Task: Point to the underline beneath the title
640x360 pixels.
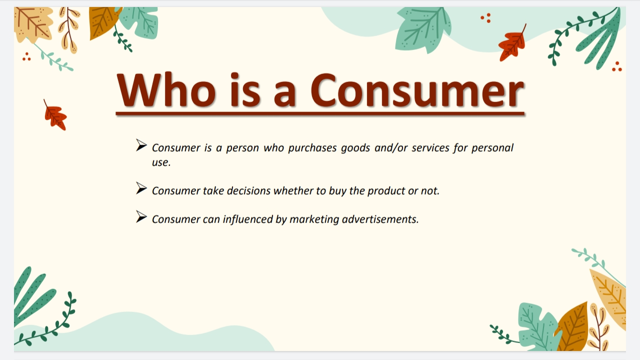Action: (320, 114)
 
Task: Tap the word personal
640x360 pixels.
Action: (492, 148)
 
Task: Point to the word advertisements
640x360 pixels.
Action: (380, 219)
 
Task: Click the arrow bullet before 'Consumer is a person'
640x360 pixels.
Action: (141, 145)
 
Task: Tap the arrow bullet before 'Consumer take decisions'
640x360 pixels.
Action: (141, 188)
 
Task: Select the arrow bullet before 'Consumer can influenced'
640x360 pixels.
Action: (141, 217)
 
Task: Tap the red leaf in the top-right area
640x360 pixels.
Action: (512, 44)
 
